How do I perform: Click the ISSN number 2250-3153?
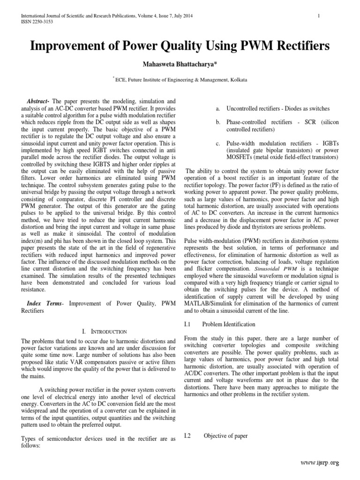[36, 21]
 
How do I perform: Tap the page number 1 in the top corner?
[318, 16]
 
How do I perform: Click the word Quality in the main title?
[190, 46]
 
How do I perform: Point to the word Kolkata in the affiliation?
[238, 81]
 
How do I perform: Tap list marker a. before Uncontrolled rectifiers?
[218, 108]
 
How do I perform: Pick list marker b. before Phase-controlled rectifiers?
[218, 122]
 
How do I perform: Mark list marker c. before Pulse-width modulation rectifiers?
[218, 142]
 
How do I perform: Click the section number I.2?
[188, 436]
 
